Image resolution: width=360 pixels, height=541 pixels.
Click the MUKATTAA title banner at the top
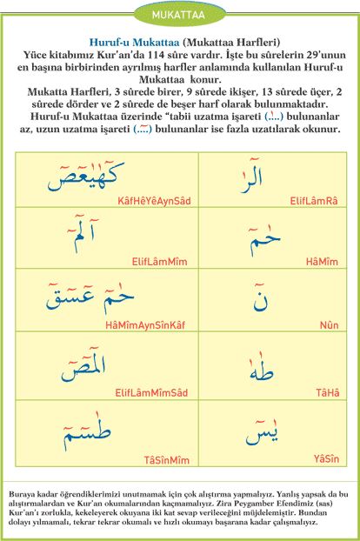(179, 15)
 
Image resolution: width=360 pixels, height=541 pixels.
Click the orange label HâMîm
(319, 260)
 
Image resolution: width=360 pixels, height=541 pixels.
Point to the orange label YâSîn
(325, 457)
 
